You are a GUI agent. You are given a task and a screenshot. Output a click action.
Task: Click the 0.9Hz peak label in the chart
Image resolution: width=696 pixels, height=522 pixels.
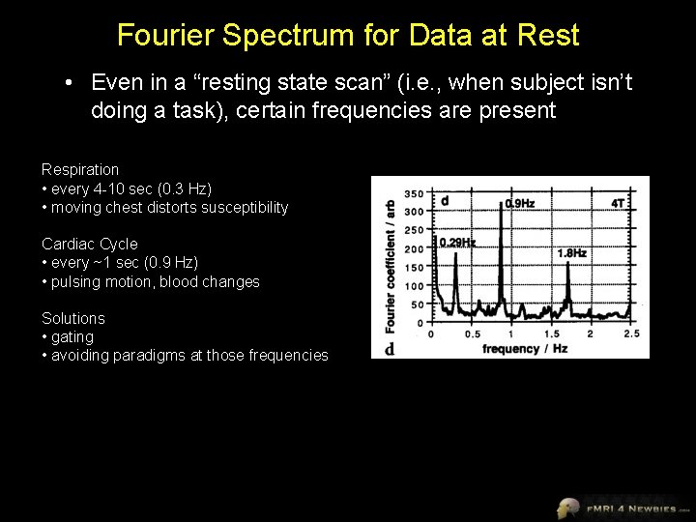pyautogui.click(x=520, y=204)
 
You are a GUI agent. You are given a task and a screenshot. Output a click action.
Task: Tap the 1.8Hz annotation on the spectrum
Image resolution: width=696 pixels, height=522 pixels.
pyautogui.click(x=571, y=253)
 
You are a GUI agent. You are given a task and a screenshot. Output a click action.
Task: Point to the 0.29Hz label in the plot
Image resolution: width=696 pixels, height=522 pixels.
pyautogui.click(x=458, y=243)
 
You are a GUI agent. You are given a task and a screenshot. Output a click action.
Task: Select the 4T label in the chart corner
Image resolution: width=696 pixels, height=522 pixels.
pyautogui.click(x=618, y=203)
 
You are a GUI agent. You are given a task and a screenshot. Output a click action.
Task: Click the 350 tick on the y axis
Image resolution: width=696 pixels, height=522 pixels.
pyautogui.click(x=414, y=193)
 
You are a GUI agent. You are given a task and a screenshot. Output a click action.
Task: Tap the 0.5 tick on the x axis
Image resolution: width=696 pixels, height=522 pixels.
pyautogui.click(x=472, y=334)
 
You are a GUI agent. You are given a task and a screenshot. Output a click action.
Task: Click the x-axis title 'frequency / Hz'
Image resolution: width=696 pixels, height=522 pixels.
pyautogui.click(x=525, y=348)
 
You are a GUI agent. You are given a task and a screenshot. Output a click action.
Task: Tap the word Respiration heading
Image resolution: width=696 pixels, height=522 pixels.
pyautogui.click(x=80, y=170)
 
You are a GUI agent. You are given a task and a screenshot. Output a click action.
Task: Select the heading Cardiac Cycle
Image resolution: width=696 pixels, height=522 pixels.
pyautogui.click(x=90, y=245)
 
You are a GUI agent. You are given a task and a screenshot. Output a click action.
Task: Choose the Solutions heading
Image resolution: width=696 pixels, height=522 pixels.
pyautogui.click(x=73, y=318)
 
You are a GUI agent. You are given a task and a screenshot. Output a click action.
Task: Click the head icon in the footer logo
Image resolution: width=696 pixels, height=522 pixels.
pyautogui.click(x=567, y=507)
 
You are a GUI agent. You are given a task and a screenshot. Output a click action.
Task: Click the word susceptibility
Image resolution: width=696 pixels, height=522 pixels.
pyautogui.click(x=243, y=208)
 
